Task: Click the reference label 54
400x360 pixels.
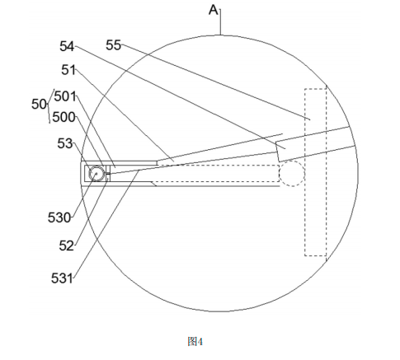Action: coord(67,46)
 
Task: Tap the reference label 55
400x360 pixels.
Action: coord(113,45)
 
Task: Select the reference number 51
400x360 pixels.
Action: coord(68,70)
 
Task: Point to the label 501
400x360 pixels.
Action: coord(65,96)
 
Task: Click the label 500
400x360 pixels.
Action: coord(64,118)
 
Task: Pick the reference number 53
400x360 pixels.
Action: coord(65,143)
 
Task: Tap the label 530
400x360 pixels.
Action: coord(59,217)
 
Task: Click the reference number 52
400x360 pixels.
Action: coord(66,245)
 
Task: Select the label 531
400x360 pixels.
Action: coord(62,278)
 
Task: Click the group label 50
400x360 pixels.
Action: coord(39,105)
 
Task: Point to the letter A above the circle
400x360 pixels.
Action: coord(214,11)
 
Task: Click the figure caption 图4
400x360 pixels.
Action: coord(195,342)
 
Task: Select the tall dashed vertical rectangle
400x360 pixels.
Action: coord(304,172)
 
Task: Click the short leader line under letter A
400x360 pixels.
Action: coord(220,22)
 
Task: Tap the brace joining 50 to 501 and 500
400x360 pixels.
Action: coord(49,106)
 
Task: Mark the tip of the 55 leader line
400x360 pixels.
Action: coord(310,119)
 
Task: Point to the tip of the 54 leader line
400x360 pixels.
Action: coord(285,149)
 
